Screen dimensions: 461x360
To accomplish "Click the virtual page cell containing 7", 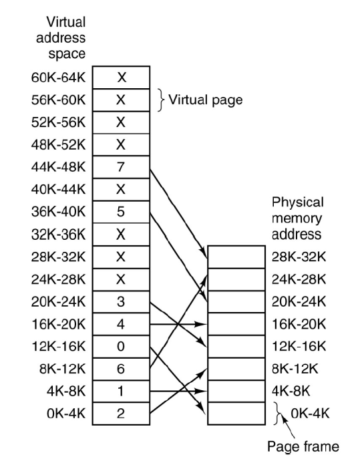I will pyautogui.click(x=121, y=167).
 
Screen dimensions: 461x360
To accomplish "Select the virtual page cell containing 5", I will pyautogui.click(x=121, y=212).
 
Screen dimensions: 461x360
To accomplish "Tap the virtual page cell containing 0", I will pyautogui.click(x=121, y=346).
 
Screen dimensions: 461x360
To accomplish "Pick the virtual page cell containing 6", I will pyautogui.click(x=121, y=369).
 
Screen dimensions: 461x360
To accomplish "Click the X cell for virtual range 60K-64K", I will pyautogui.click(x=121, y=78).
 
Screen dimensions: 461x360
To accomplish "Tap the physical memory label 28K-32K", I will pyautogui.click(x=299, y=257).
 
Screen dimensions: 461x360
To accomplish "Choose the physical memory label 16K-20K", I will pyautogui.click(x=299, y=324).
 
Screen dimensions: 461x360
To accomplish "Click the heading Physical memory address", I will pyautogui.click(x=299, y=218).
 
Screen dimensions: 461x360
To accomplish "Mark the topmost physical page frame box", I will pyautogui.click(x=236, y=257).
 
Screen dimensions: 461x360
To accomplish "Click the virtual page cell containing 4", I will pyautogui.click(x=121, y=324).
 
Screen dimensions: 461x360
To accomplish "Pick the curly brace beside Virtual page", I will pyautogui.click(x=160, y=100).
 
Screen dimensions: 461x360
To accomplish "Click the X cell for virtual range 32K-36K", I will pyautogui.click(x=121, y=235).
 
